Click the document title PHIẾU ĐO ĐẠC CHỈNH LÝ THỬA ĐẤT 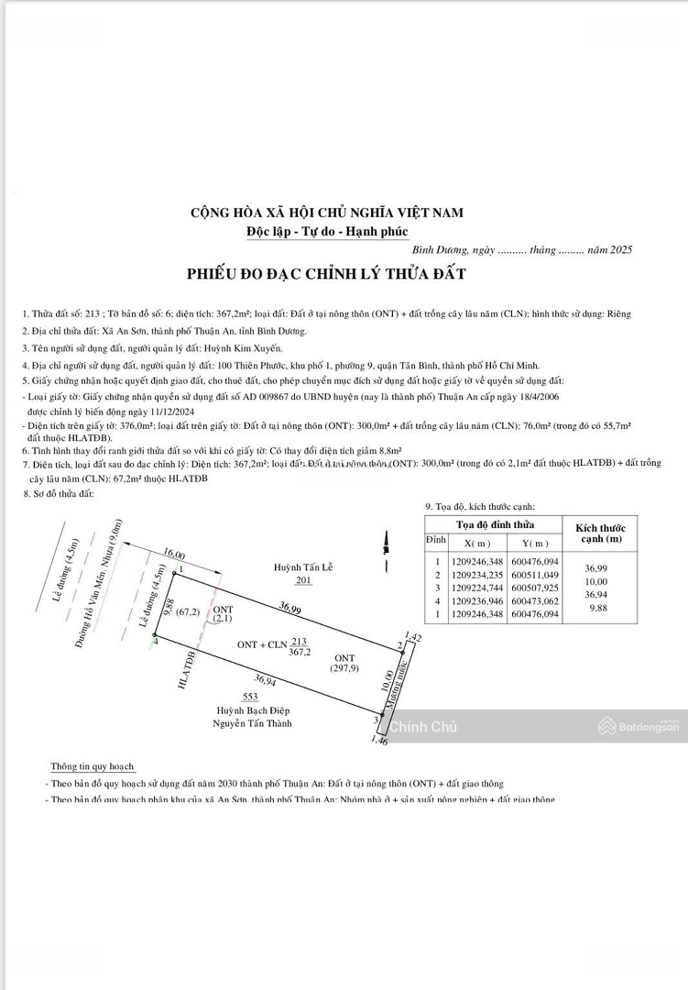click(x=326, y=274)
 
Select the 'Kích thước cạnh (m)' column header click(x=599, y=533)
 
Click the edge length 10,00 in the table click(x=597, y=581)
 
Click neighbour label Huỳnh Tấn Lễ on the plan click(x=303, y=568)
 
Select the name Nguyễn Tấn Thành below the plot click(x=253, y=724)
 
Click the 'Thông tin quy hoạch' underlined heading click(x=92, y=766)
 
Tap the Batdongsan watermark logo click(x=639, y=727)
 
